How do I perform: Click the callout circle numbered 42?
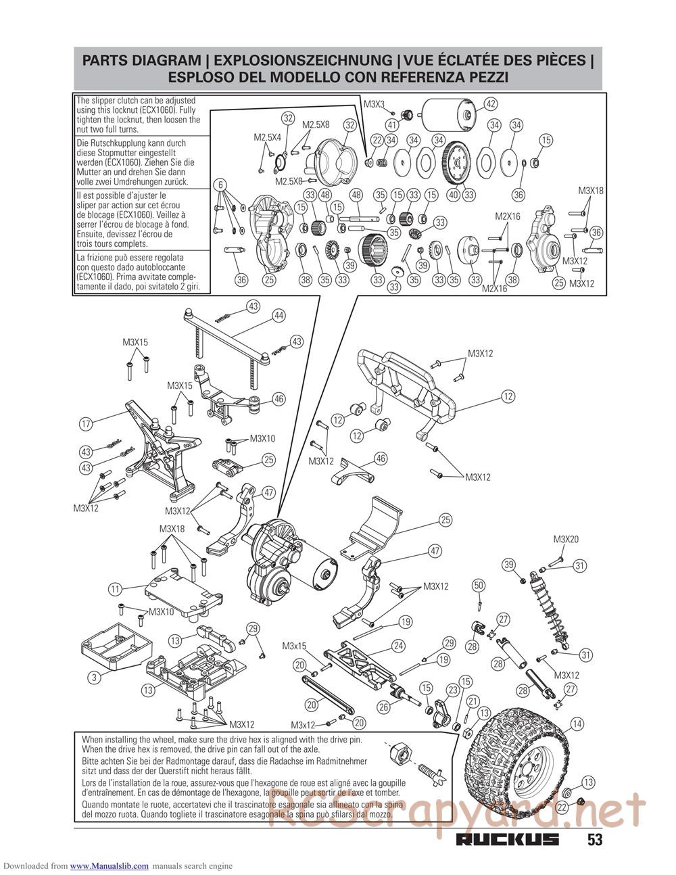point(491,103)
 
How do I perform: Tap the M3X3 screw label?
point(374,104)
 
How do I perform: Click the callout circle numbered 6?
point(220,184)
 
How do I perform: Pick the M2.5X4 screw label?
point(267,137)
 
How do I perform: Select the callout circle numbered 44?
point(279,315)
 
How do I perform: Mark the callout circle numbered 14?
point(577,724)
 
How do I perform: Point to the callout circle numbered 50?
point(479,585)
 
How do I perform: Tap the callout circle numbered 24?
point(399,646)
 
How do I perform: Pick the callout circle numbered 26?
point(383,707)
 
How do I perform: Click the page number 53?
point(594,840)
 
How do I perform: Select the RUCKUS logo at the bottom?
point(508,840)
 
